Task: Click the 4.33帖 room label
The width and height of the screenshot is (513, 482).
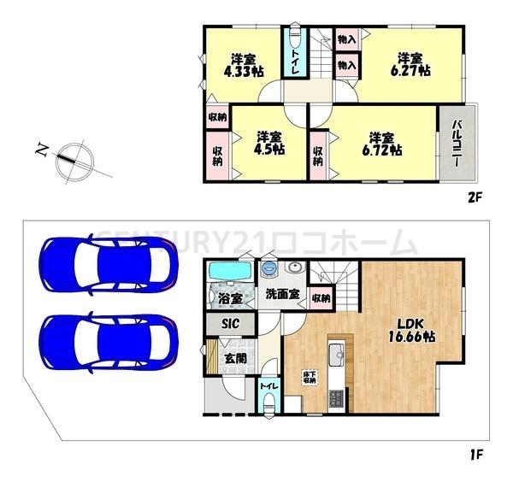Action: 244,66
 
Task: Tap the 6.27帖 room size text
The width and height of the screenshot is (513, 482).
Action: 410,65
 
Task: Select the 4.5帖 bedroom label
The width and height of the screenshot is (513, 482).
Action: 269,143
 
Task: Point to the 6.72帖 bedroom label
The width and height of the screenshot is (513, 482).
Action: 382,144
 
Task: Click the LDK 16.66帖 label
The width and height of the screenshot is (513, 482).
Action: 411,330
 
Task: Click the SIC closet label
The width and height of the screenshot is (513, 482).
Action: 230,324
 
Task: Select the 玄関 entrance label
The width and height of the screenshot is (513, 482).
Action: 235,359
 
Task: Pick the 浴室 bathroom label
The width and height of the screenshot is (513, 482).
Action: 230,298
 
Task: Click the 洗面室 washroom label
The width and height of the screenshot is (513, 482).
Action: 283,294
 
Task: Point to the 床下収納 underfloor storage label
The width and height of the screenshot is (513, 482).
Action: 309,378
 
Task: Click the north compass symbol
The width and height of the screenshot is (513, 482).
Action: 74,162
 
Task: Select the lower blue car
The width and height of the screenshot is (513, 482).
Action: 109,343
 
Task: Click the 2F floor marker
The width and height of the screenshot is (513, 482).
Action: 475,197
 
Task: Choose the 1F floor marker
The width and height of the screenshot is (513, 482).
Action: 475,454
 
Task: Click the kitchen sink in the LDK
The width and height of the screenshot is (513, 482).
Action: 337,354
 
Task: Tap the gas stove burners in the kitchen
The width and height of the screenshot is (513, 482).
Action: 336,399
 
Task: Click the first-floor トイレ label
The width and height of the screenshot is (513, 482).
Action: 269,386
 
